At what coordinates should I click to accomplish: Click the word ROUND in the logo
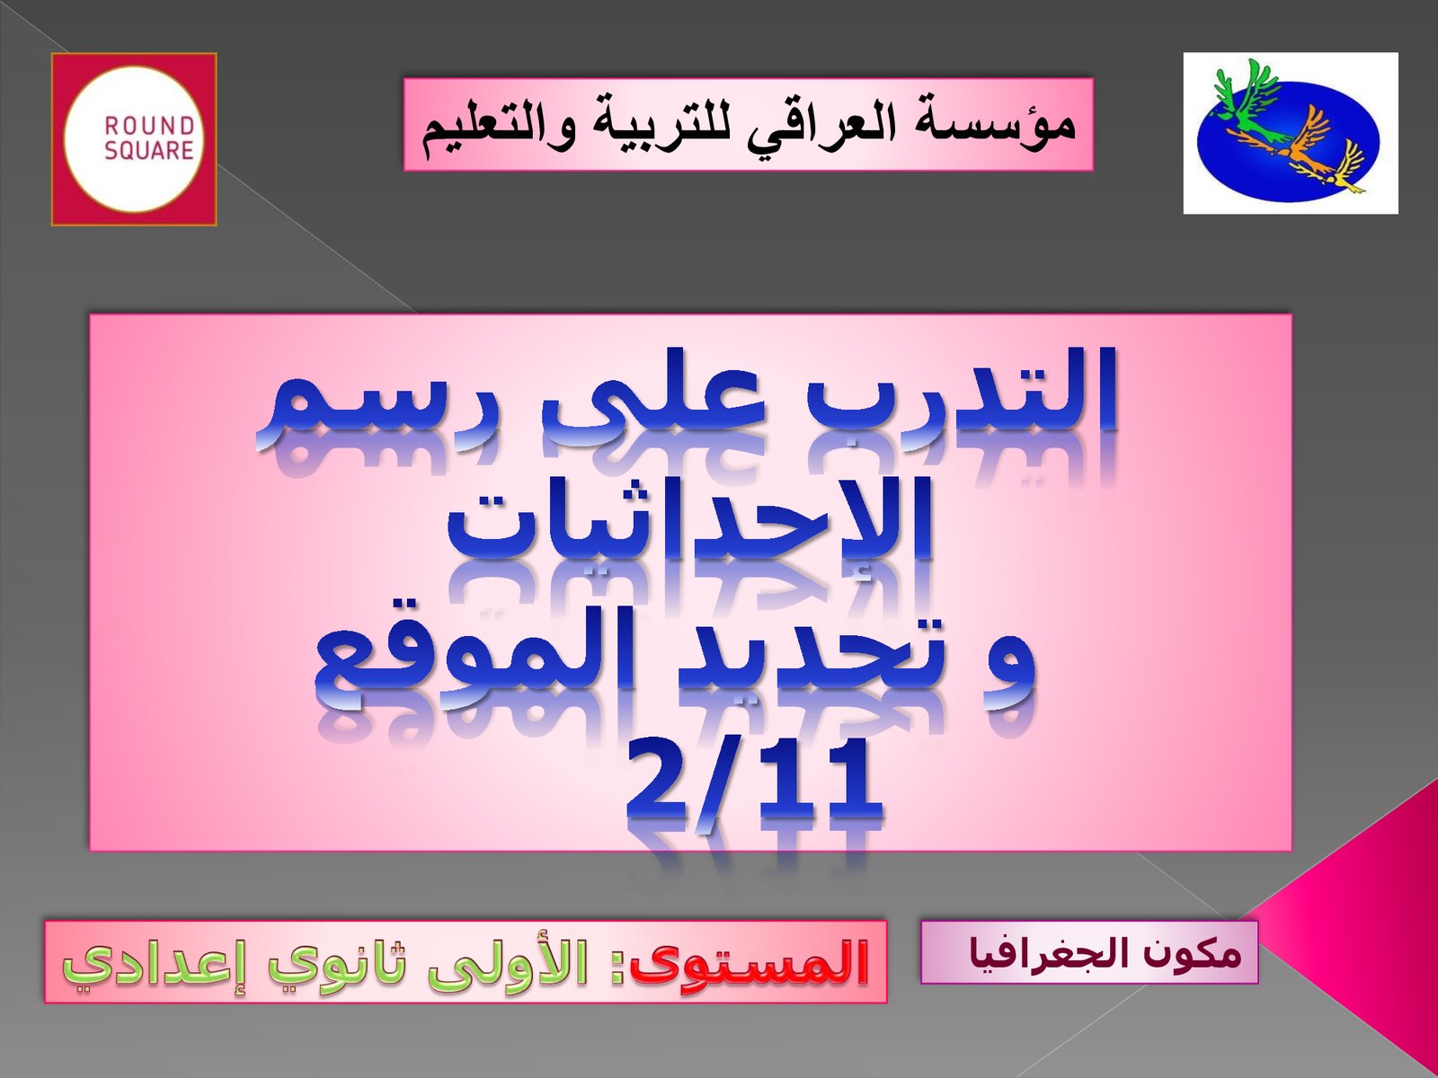(149, 127)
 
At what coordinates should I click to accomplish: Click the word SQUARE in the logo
(149, 151)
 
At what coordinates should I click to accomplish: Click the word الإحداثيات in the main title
(688, 520)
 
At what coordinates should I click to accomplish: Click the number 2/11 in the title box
(752, 783)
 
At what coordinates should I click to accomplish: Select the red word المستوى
(750, 963)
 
